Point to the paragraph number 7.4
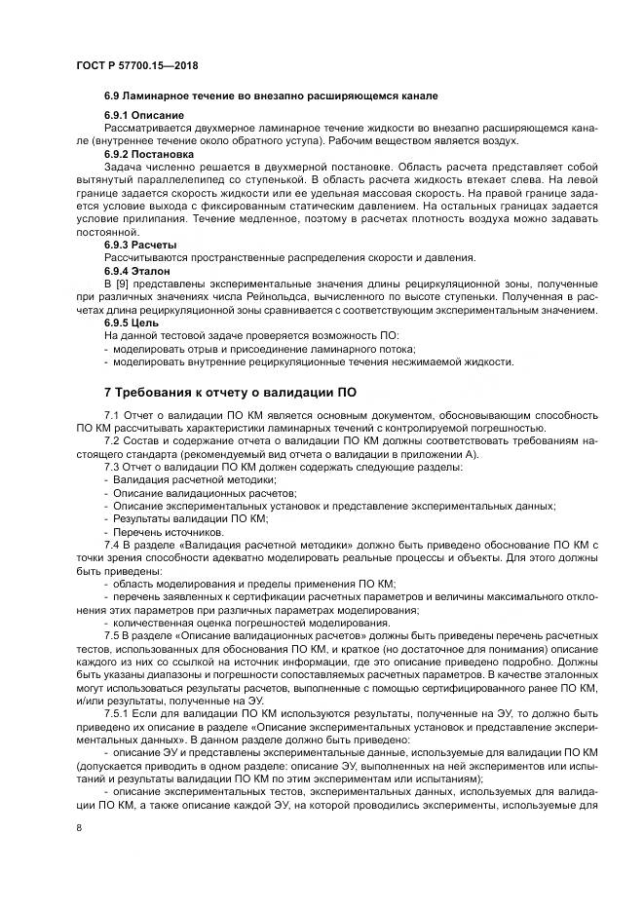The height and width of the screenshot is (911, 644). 112,545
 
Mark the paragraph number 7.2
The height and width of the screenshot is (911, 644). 112,442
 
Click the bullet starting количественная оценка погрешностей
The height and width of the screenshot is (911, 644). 250,623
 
